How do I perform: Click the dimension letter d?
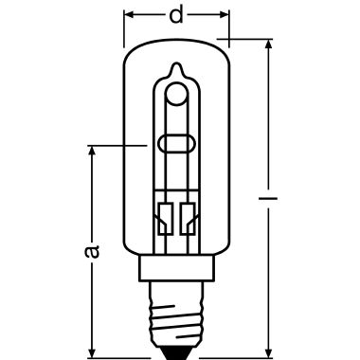(x=176, y=15)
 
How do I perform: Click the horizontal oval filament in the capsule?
(x=176, y=145)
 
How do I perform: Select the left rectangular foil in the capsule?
(x=166, y=215)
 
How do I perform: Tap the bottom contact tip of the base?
(x=176, y=349)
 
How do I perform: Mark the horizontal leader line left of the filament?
(x=118, y=145)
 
